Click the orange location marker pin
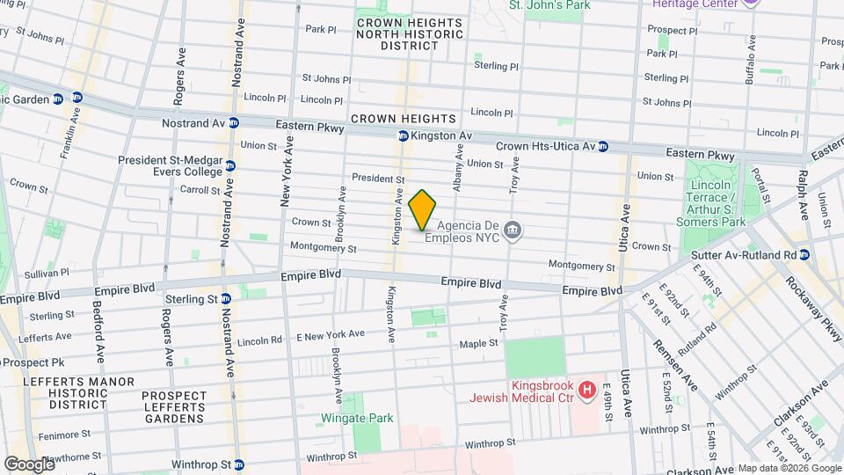coord(423,209)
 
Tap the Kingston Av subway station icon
coord(403,136)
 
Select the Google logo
coord(29,464)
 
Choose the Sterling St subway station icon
coord(226,299)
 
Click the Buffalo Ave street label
coord(750,59)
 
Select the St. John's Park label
coord(549,5)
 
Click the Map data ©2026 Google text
coord(789,468)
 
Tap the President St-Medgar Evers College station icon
coord(229,165)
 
